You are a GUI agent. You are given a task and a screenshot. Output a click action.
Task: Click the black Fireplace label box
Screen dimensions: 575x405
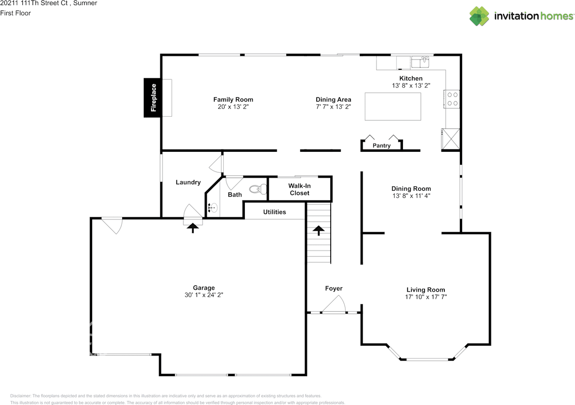tap(152, 98)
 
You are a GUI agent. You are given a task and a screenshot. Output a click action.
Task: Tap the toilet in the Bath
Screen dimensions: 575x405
tap(258, 189)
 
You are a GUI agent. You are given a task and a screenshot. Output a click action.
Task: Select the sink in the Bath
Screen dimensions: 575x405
tap(213, 207)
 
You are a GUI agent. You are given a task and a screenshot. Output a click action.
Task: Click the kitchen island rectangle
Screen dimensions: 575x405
tap(393, 106)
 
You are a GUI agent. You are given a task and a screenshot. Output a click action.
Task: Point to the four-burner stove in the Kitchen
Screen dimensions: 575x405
tap(452, 99)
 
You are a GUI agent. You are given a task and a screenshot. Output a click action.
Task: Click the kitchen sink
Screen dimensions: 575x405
tap(420, 62)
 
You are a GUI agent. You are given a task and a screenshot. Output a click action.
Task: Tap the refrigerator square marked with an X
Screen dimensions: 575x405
tap(451, 139)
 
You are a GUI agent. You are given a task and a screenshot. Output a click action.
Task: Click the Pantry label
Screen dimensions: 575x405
tap(381, 145)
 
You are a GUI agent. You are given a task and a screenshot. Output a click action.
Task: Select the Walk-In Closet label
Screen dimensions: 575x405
tap(300, 189)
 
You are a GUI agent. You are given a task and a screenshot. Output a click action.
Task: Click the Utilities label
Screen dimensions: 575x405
tap(274, 212)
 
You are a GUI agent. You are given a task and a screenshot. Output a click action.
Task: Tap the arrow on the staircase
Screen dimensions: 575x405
tap(318, 230)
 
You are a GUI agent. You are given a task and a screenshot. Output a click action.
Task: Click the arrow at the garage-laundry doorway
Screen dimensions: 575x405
tap(193, 228)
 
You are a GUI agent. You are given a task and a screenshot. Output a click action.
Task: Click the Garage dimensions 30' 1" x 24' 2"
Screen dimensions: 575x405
tap(204, 295)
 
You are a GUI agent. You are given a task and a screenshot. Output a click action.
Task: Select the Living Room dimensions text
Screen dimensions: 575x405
tap(426, 297)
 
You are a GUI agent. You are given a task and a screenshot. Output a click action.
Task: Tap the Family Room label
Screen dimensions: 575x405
tap(233, 100)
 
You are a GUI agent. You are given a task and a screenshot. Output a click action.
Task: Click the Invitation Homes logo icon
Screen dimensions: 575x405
tap(479, 16)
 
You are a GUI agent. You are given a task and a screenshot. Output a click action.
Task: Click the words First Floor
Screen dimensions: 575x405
tap(15, 13)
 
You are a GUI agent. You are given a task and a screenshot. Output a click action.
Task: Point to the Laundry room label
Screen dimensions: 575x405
tap(188, 182)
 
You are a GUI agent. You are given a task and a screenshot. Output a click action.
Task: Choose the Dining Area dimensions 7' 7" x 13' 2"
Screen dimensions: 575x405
tap(333, 107)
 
